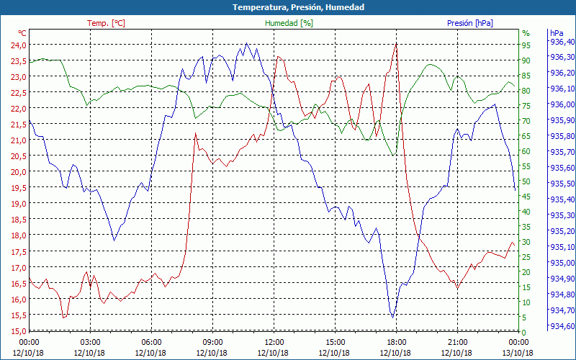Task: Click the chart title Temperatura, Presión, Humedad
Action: (x=288, y=7)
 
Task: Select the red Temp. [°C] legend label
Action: (x=106, y=23)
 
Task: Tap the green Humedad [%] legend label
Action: (x=289, y=23)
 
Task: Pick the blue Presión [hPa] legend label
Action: (x=469, y=23)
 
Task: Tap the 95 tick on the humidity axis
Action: (x=526, y=45)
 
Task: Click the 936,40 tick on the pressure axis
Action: (x=562, y=42)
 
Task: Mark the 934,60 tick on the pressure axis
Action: (x=562, y=327)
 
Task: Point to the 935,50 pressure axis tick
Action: (x=562, y=184)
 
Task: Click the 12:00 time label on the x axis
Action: (x=274, y=342)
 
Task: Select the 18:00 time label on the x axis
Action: (x=396, y=342)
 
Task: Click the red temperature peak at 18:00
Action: (x=396, y=44)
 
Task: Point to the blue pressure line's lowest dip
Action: (x=392, y=317)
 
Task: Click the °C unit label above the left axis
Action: (x=22, y=33)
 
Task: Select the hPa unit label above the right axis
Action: (x=556, y=33)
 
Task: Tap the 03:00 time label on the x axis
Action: (x=90, y=342)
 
